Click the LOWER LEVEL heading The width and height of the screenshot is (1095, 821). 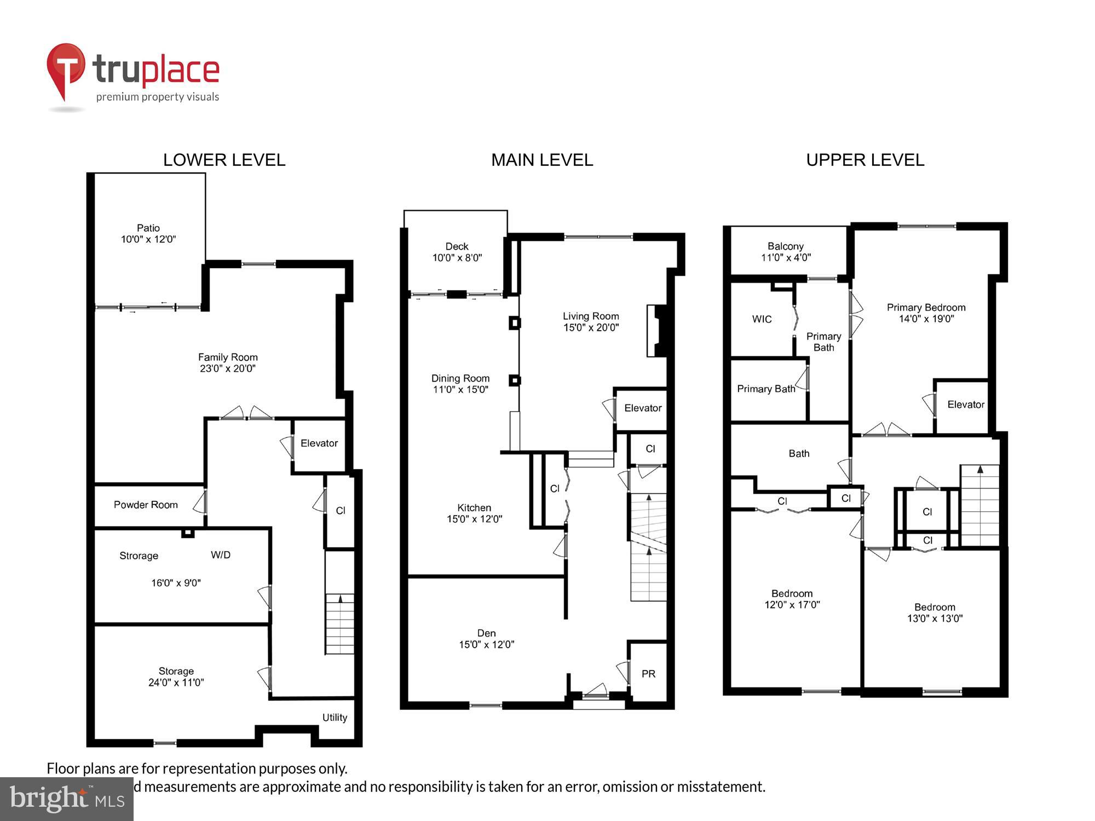(x=224, y=160)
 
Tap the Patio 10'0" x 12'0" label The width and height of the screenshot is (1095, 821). (x=148, y=234)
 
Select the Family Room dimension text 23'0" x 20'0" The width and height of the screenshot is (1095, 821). (x=228, y=369)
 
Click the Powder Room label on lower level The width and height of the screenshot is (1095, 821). (x=146, y=505)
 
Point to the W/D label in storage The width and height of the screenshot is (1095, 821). (x=221, y=555)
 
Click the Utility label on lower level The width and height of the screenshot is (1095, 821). (x=335, y=718)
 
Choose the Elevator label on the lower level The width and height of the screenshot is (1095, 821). (x=319, y=443)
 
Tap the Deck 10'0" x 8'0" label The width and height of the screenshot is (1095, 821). (x=457, y=252)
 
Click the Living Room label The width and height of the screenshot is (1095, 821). (x=591, y=316)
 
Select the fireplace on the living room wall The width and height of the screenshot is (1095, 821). (x=656, y=331)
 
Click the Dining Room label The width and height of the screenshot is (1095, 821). (x=460, y=378)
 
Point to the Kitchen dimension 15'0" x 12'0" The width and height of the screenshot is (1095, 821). (x=474, y=519)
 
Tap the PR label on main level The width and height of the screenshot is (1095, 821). (x=648, y=674)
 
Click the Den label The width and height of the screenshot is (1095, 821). (x=486, y=633)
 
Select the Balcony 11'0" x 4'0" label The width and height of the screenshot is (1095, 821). (x=786, y=252)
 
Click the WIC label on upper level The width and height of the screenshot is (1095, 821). (x=762, y=319)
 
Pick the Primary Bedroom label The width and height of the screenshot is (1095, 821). (x=926, y=308)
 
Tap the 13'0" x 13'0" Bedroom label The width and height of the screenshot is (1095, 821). (x=935, y=613)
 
